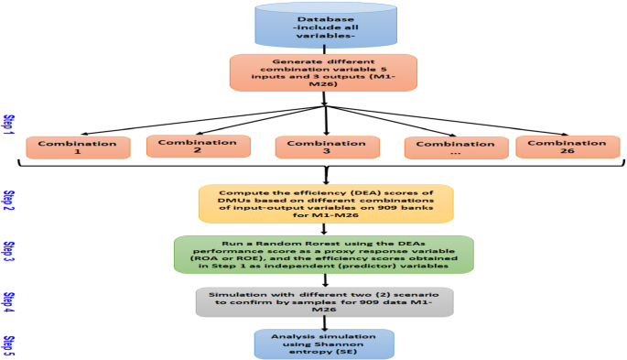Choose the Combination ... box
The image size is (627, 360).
(457, 148)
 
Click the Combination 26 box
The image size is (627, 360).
(561, 147)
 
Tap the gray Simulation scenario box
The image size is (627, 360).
(325, 302)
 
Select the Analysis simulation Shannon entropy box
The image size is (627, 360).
(323, 344)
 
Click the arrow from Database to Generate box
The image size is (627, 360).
(324, 49)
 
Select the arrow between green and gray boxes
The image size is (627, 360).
(324, 281)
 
